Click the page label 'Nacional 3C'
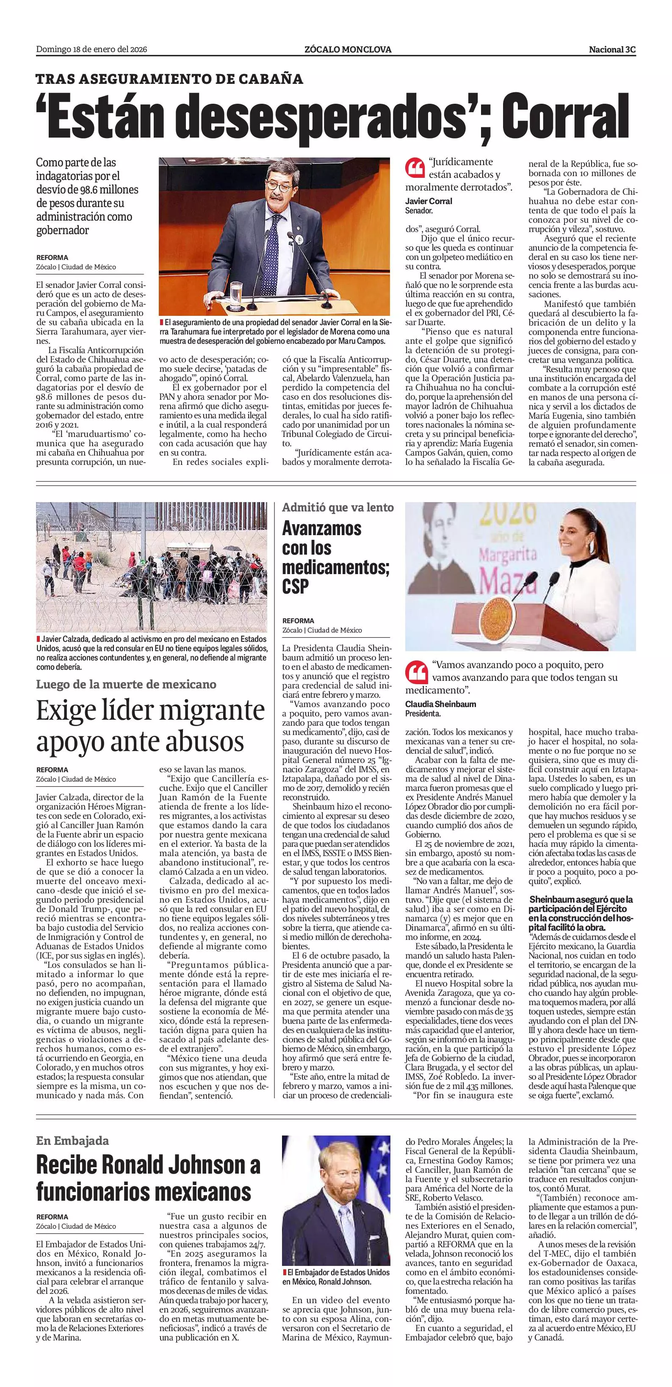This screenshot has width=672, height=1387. click(x=612, y=50)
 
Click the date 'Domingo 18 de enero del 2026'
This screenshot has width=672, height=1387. click(x=91, y=50)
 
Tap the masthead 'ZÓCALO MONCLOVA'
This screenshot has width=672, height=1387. click(x=347, y=50)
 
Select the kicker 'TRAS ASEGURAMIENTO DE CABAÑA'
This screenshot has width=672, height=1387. click(x=169, y=79)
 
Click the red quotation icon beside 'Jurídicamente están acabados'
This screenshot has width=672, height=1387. click(x=415, y=168)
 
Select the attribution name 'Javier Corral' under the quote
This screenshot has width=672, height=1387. click(x=429, y=202)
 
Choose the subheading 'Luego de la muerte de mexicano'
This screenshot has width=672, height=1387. click(x=126, y=684)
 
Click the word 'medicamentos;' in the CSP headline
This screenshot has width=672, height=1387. click(x=335, y=567)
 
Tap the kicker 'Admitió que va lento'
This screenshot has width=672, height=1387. click(x=337, y=507)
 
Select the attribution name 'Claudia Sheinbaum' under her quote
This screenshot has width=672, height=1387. click(x=440, y=704)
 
